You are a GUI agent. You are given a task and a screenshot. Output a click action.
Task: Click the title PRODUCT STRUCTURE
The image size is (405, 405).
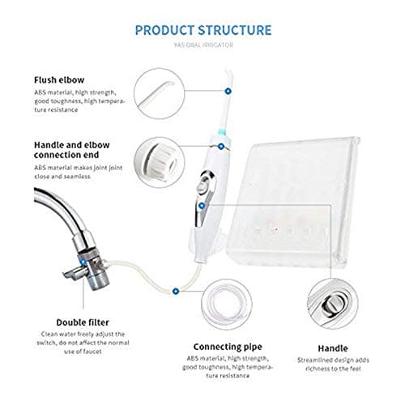[x=202, y=31]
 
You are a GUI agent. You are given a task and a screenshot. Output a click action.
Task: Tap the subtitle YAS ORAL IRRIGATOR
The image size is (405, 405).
[x=202, y=45]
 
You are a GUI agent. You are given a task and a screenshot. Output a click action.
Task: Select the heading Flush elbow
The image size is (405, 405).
[x=60, y=79]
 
